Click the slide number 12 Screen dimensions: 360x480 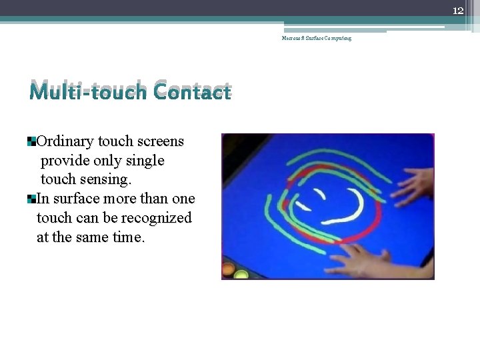pyautogui.click(x=458, y=11)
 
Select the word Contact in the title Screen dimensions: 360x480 pyautogui.click(x=191, y=91)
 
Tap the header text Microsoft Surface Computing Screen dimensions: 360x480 pyautogui.click(x=316, y=38)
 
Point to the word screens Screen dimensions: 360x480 pyautogui.click(x=160, y=141)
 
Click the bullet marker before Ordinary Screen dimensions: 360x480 pyautogui.click(x=31, y=141)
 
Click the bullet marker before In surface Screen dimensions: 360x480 pyautogui.click(x=31, y=199)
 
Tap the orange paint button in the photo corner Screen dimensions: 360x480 pyautogui.click(x=228, y=270)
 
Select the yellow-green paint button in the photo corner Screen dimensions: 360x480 pyautogui.click(x=242, y=273)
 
